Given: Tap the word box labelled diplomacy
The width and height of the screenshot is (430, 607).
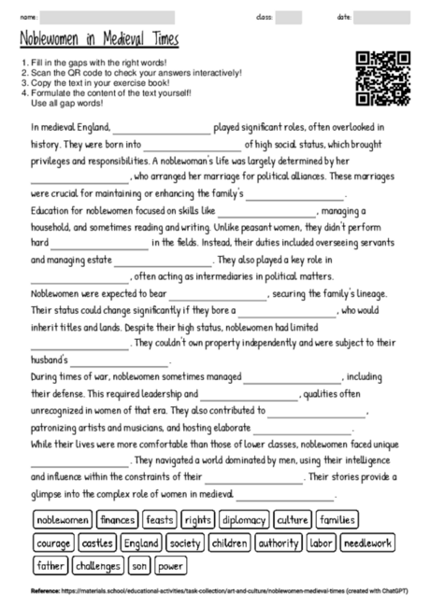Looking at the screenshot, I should pos(244,519).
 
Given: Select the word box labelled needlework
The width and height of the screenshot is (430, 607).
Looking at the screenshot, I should pos(367,543).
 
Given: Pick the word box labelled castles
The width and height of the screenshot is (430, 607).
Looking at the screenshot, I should pos(97,543).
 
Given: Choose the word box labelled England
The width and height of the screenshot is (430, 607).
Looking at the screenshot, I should pos(141,543).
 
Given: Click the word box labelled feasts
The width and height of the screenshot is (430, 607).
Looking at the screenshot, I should pos(160,519).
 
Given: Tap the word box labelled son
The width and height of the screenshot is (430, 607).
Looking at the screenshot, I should pos(139,566).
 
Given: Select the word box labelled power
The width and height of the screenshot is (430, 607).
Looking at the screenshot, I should pos(170,566).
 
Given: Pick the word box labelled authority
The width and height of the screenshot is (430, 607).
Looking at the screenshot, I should pos(279,543).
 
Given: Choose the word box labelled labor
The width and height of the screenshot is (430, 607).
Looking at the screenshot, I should pos(321,543).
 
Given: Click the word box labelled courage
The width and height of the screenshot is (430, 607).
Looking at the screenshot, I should pos(53,543).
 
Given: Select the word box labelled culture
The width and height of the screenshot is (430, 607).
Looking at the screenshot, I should pos(293,519).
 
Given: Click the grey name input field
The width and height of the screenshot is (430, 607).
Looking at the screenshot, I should pos(107,17).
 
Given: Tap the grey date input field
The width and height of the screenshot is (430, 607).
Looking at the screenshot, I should pos(382,17).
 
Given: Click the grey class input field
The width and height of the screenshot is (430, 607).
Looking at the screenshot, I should pos(288,17).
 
